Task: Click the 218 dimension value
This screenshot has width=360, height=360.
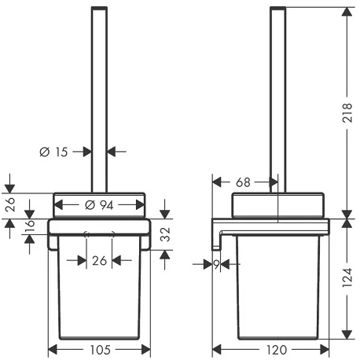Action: point(347,112)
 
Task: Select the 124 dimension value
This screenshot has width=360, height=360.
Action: point(347,277)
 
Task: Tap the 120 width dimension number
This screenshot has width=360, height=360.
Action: point(277,350)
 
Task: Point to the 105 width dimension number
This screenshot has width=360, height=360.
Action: point(101,350)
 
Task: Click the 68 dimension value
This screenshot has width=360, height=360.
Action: point(243,182)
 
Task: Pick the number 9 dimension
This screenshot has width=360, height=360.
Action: point(216,265)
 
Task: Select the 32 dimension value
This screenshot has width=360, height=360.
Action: point(165,234)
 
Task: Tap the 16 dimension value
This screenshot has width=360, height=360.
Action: point(31,226)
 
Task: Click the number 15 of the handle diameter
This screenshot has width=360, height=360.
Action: point(61,152)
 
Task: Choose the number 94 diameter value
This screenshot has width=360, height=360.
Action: point(106,205)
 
